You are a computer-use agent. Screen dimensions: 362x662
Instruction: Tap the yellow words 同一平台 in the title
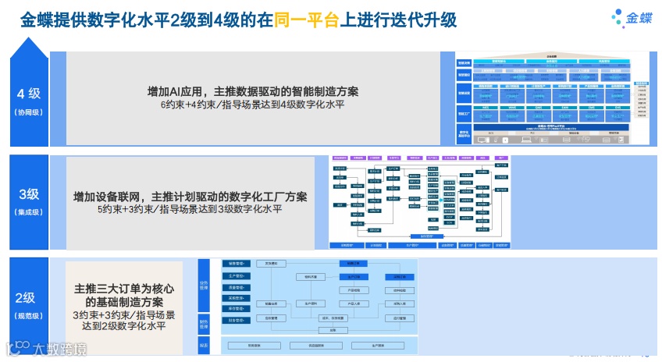pyautogui.click(x=307, y=20)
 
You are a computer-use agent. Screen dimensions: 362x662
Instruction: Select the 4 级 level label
pyautogui.click(x=28, y=94)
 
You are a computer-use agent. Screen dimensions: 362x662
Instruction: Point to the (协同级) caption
pyautogui.click(x=28, y=112)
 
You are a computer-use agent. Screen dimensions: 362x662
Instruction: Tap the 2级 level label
pyautogui.click(x=26, y=297)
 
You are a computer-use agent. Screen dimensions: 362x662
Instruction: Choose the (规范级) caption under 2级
pyautogui.click(x=26, y=315)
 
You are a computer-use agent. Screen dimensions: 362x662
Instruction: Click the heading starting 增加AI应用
pyautogui.click(x=253, y=91)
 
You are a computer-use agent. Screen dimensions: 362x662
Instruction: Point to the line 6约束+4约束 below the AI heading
pyautogui.click(x=253, y=105)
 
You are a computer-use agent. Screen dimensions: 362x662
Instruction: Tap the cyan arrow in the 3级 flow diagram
pyautogui.click(x=442, y=200)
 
